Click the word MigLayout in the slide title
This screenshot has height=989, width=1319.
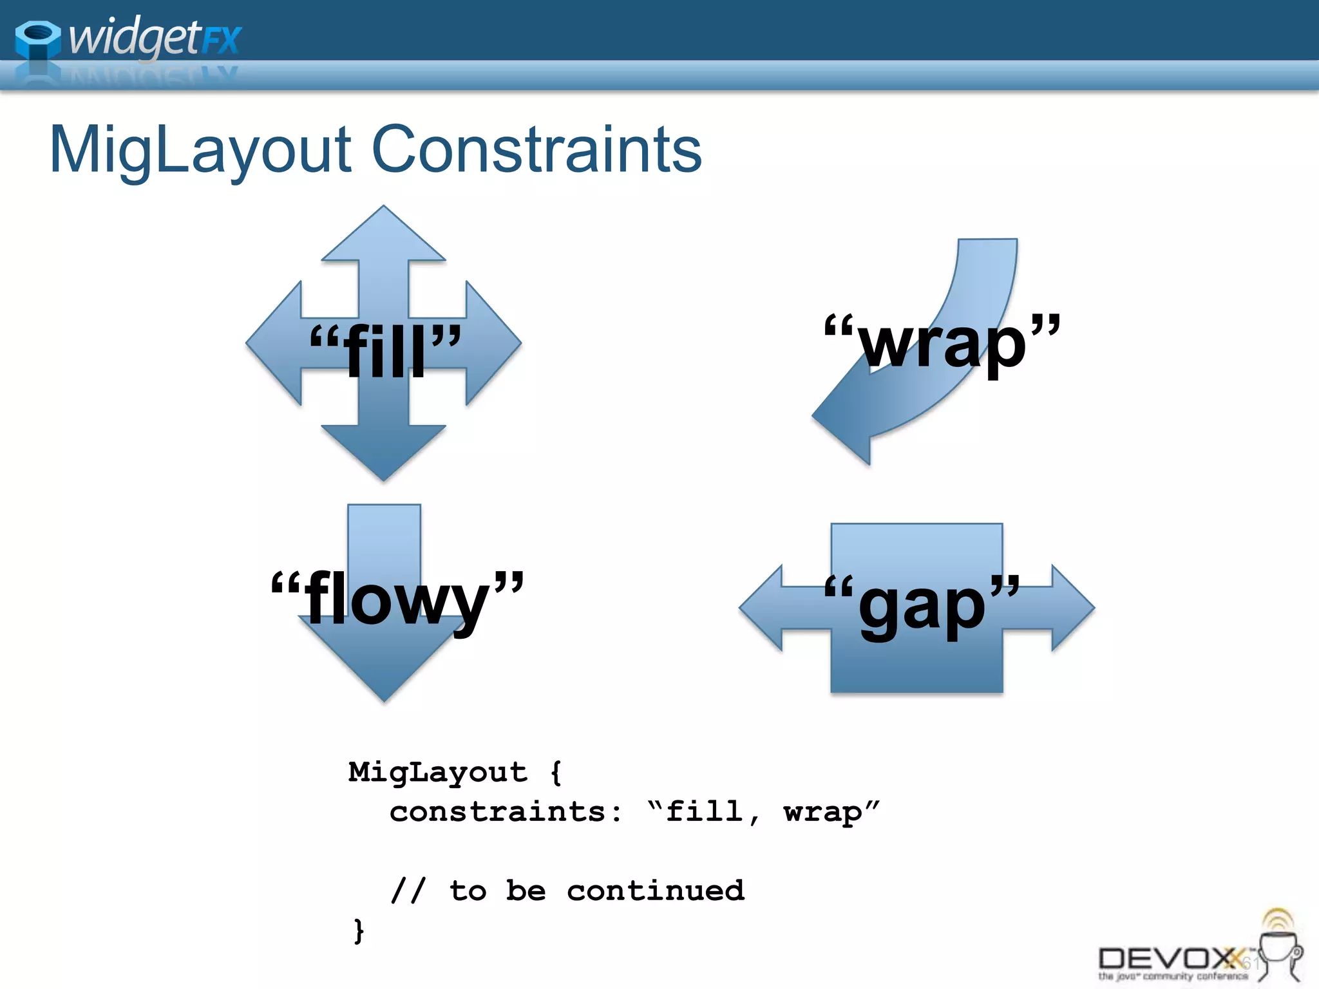200,150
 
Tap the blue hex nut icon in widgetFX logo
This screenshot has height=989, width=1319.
37,41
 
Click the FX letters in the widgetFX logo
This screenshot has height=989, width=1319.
221,41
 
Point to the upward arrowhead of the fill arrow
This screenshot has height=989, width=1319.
384,235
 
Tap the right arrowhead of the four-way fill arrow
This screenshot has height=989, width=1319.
492,343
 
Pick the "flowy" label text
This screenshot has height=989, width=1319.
397,599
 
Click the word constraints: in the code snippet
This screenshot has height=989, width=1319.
506,811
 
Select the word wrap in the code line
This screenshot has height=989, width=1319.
822,813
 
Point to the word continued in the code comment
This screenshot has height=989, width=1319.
655,890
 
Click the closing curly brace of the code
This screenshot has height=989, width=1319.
359,931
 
